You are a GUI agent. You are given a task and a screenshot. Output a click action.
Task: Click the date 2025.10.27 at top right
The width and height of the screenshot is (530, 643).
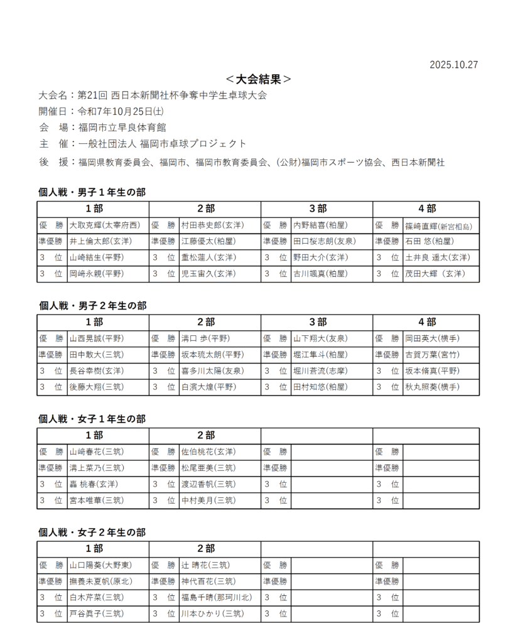(x=453, y=65)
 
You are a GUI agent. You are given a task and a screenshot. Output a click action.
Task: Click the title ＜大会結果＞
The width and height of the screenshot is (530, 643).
(x=258, y=79)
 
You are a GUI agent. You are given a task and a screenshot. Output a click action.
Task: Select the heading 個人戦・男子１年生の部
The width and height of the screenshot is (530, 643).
(x=92, y=192)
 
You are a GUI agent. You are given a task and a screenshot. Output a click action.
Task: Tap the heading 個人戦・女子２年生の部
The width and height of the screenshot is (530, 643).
(x=92, y=532)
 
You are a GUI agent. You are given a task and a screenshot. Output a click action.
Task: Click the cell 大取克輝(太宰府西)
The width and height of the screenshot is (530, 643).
(x=105, y=225)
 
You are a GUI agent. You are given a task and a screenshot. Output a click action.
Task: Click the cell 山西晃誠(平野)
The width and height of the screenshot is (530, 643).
(x=97, y=338)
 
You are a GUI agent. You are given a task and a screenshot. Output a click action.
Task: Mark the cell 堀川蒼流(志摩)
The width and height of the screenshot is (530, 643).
(x=320, y=371)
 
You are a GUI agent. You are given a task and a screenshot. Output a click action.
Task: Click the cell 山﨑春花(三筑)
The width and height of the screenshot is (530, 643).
(x=97, y=451)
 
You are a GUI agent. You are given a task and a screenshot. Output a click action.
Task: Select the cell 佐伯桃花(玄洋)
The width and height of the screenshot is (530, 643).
(x=208, y=451)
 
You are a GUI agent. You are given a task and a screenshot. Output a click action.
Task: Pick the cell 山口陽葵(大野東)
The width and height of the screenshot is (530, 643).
(x=100, y=565)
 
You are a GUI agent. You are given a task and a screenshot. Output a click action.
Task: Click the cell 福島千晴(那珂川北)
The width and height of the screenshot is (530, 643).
(x=217, y=597)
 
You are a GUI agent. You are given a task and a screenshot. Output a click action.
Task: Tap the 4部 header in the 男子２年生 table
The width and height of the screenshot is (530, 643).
(x=427, y=322)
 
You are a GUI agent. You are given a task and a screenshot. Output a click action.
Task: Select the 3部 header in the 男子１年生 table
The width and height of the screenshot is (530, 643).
(x=317, y=208)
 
